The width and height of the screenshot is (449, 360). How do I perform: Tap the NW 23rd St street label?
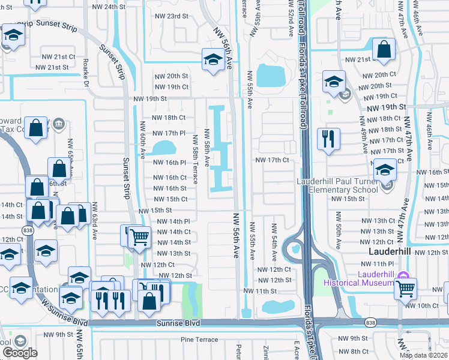171,16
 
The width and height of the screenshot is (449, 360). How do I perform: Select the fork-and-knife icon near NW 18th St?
328,139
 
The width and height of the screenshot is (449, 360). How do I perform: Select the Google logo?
20,352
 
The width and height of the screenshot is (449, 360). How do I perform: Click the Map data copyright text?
424,355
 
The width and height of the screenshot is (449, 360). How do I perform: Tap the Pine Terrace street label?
200,340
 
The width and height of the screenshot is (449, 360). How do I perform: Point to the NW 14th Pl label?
173,221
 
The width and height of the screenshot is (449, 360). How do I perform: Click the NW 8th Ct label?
353,351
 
